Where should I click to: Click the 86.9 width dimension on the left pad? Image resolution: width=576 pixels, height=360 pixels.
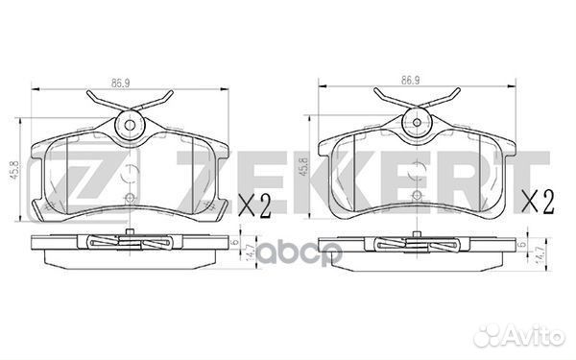[121, 84]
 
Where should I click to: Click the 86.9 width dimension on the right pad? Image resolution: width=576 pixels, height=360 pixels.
[410, 81]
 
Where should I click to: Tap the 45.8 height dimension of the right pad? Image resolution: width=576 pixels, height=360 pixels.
[303, 167]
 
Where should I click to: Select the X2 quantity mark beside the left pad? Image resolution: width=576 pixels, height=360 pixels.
[254, 205]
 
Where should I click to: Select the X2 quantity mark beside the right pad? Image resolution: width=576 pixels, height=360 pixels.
[539, 202]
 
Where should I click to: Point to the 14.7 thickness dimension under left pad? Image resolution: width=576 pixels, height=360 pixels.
[252, 253]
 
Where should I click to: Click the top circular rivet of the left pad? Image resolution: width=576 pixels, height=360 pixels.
[130, 125]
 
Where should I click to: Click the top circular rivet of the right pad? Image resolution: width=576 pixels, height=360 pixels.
[417, 122]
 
